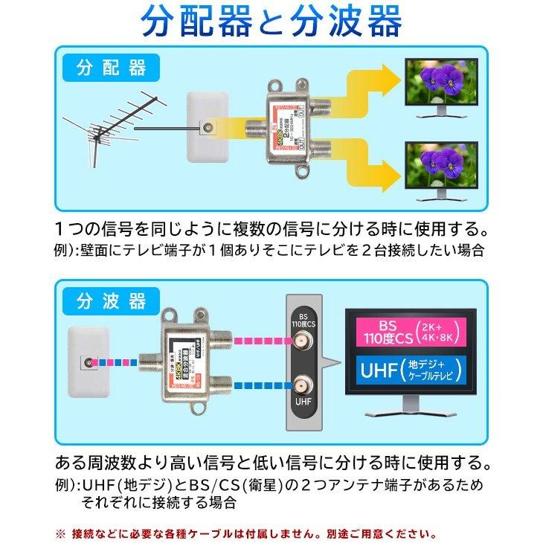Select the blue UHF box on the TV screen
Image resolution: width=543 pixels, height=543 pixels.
pyautogui.click(x=411, y=370)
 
